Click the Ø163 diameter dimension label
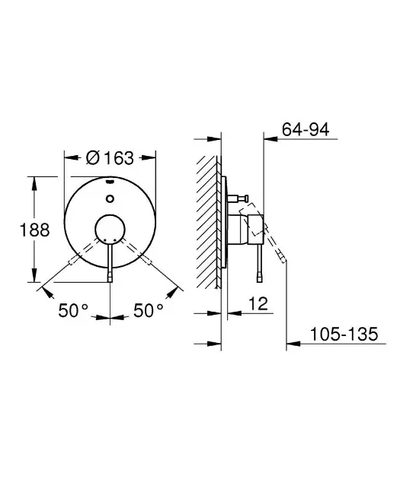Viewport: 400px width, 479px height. click(110, 158)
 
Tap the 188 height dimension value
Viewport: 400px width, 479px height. click(34, 230)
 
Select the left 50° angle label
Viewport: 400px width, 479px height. click(73, 310)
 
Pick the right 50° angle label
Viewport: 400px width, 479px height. click(148, 310)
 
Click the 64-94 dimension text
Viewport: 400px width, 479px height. click(306, 129)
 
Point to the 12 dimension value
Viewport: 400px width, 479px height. click(258, 303)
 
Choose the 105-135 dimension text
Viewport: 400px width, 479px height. click(344, 334)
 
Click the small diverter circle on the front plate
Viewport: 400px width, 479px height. click(110, 198)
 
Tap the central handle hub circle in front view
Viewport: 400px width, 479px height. click(110, 230)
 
